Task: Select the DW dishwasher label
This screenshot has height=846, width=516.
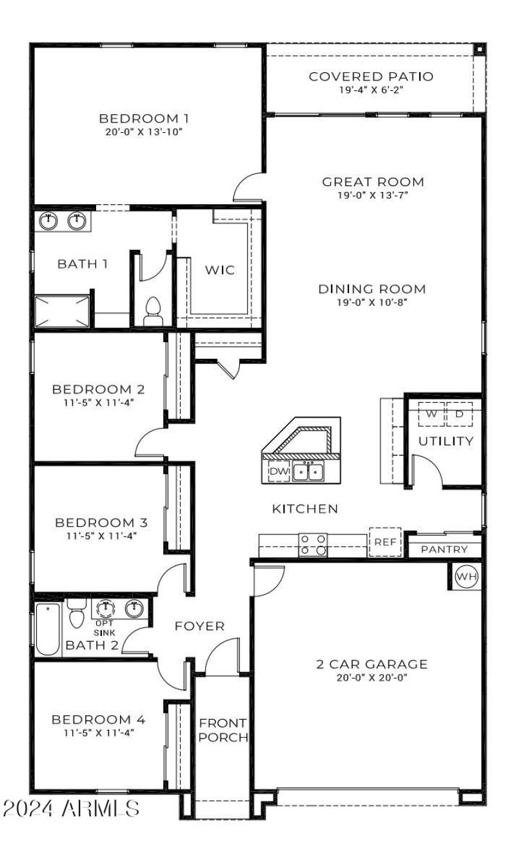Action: (278, 472)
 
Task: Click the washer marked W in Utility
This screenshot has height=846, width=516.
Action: (432, 414)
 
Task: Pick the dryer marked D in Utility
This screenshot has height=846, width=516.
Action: (459, 414)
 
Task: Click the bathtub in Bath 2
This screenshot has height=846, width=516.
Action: (48, 628)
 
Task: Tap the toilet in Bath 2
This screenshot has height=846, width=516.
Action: (77, 613)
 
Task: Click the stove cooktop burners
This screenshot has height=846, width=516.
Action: (313, 545)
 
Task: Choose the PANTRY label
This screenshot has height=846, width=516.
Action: (444, 550)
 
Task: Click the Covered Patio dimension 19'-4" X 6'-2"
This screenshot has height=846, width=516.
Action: (371, 90)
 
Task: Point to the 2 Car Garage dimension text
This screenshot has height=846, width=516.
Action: (372, 677)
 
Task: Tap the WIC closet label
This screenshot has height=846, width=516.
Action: (220, 270)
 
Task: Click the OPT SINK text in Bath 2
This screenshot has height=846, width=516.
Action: (104, 628)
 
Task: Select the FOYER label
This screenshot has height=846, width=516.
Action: (199, 626)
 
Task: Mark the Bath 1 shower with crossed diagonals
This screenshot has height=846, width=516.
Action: (61, 311)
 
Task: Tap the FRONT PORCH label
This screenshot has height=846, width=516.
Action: (222, 730)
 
